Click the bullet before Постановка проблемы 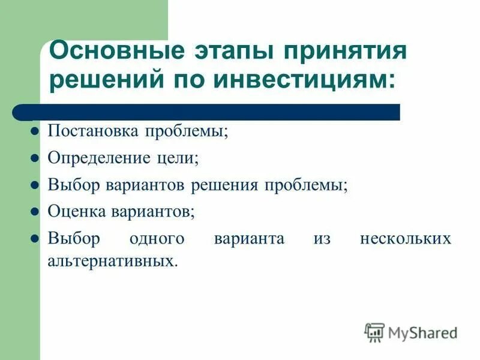35,131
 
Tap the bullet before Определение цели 35,158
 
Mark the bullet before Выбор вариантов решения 35,185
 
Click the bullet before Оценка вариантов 35,211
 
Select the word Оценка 77,211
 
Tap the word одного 157,238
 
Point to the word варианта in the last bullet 249,238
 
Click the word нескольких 405,238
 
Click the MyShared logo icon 375,332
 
